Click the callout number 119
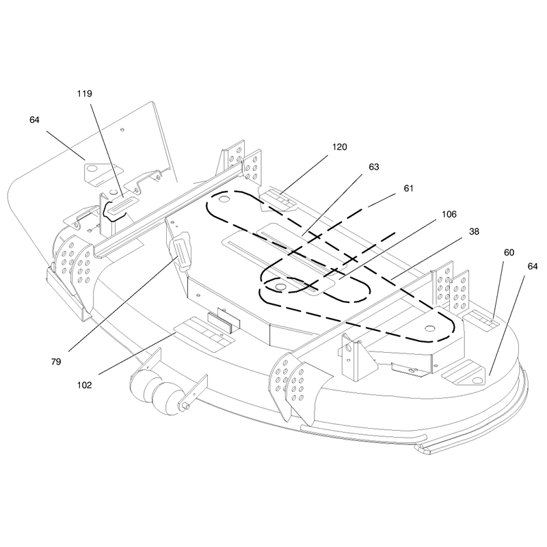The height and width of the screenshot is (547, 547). (84, 94)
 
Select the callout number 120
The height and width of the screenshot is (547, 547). (339, 147)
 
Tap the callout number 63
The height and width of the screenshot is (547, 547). (373, 167)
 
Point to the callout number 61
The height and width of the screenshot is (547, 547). (408, 189)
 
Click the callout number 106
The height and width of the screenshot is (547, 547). (449, 214)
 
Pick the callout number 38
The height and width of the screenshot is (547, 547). (474, 232)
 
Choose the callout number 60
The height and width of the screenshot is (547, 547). (509, 252)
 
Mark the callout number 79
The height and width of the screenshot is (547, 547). (56, 362)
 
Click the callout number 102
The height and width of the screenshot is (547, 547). (84, 385)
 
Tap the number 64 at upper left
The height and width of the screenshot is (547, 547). (34, 120)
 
